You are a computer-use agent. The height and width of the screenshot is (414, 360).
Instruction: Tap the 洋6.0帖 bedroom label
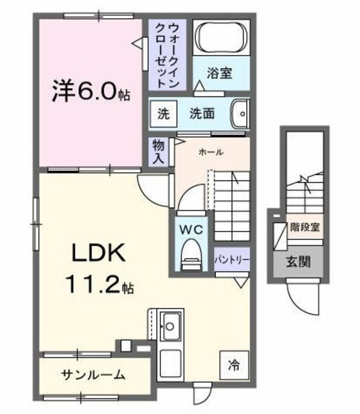[90, 93]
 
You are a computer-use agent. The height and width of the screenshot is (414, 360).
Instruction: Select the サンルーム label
[94, 375]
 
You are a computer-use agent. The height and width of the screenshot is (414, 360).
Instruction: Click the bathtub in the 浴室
[220, 38]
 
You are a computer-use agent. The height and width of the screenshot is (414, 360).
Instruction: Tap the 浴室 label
[219, 74]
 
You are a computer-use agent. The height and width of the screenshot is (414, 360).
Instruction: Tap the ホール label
[211, 153]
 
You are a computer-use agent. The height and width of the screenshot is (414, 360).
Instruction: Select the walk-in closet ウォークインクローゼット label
[167, 55]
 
